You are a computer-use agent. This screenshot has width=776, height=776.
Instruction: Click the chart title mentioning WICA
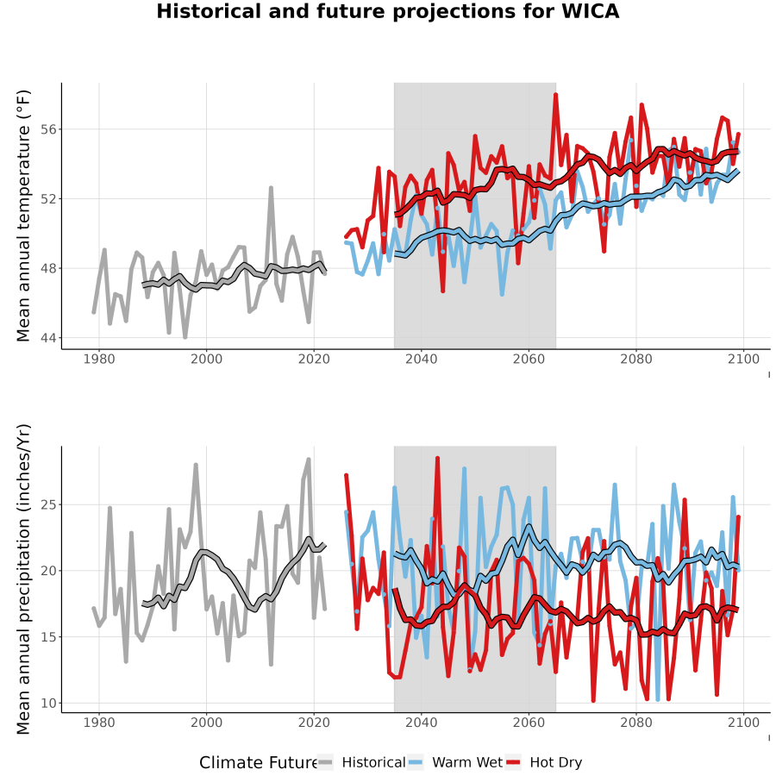coord(387,11)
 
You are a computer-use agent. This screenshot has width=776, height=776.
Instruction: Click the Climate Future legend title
coord(259,762)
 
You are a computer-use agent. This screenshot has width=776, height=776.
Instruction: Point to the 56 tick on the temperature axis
coord(49,129)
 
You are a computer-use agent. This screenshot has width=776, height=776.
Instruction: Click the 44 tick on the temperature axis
coord(49,338)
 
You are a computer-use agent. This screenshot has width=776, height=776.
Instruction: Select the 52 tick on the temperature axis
coord(49,199)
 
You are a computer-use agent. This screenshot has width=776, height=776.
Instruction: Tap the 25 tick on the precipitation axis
coord(49,504)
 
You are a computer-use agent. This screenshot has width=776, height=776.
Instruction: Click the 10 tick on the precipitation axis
coord(49,703)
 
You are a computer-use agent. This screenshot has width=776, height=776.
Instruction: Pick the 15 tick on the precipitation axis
coord(49,637)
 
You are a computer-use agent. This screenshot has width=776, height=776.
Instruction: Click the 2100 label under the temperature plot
coord(743,359)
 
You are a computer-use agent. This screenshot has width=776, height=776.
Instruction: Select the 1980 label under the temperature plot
coord(99,359)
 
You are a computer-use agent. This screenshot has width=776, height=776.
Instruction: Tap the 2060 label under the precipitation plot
coord(529,723)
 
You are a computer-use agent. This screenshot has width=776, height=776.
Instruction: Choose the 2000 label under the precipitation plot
coord(206,723)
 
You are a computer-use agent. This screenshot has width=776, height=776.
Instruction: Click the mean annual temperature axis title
coord(22,216)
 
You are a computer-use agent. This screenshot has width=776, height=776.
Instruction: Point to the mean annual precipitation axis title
coord(22,579)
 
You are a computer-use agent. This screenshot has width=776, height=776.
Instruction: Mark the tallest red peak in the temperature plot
coord(556,94)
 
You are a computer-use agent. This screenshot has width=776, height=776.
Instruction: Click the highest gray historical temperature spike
coord(272,188)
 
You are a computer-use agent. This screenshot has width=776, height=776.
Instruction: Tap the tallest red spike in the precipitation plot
coord(437,459)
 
